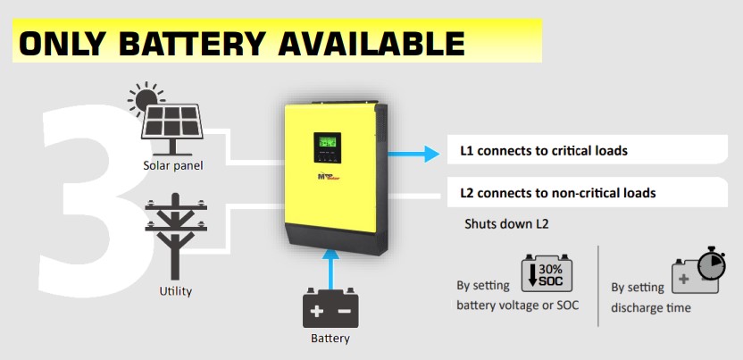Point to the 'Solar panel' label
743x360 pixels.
tap(173, 165)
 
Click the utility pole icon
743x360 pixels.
tap(175, 241)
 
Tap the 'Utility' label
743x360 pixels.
tap(175, 291)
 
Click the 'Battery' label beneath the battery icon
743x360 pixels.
tap(330, 339)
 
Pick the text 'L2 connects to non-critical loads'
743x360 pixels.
tap(557, 192)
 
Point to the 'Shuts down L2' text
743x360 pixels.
tap(505, 223)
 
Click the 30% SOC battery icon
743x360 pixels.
tap(545, 274)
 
